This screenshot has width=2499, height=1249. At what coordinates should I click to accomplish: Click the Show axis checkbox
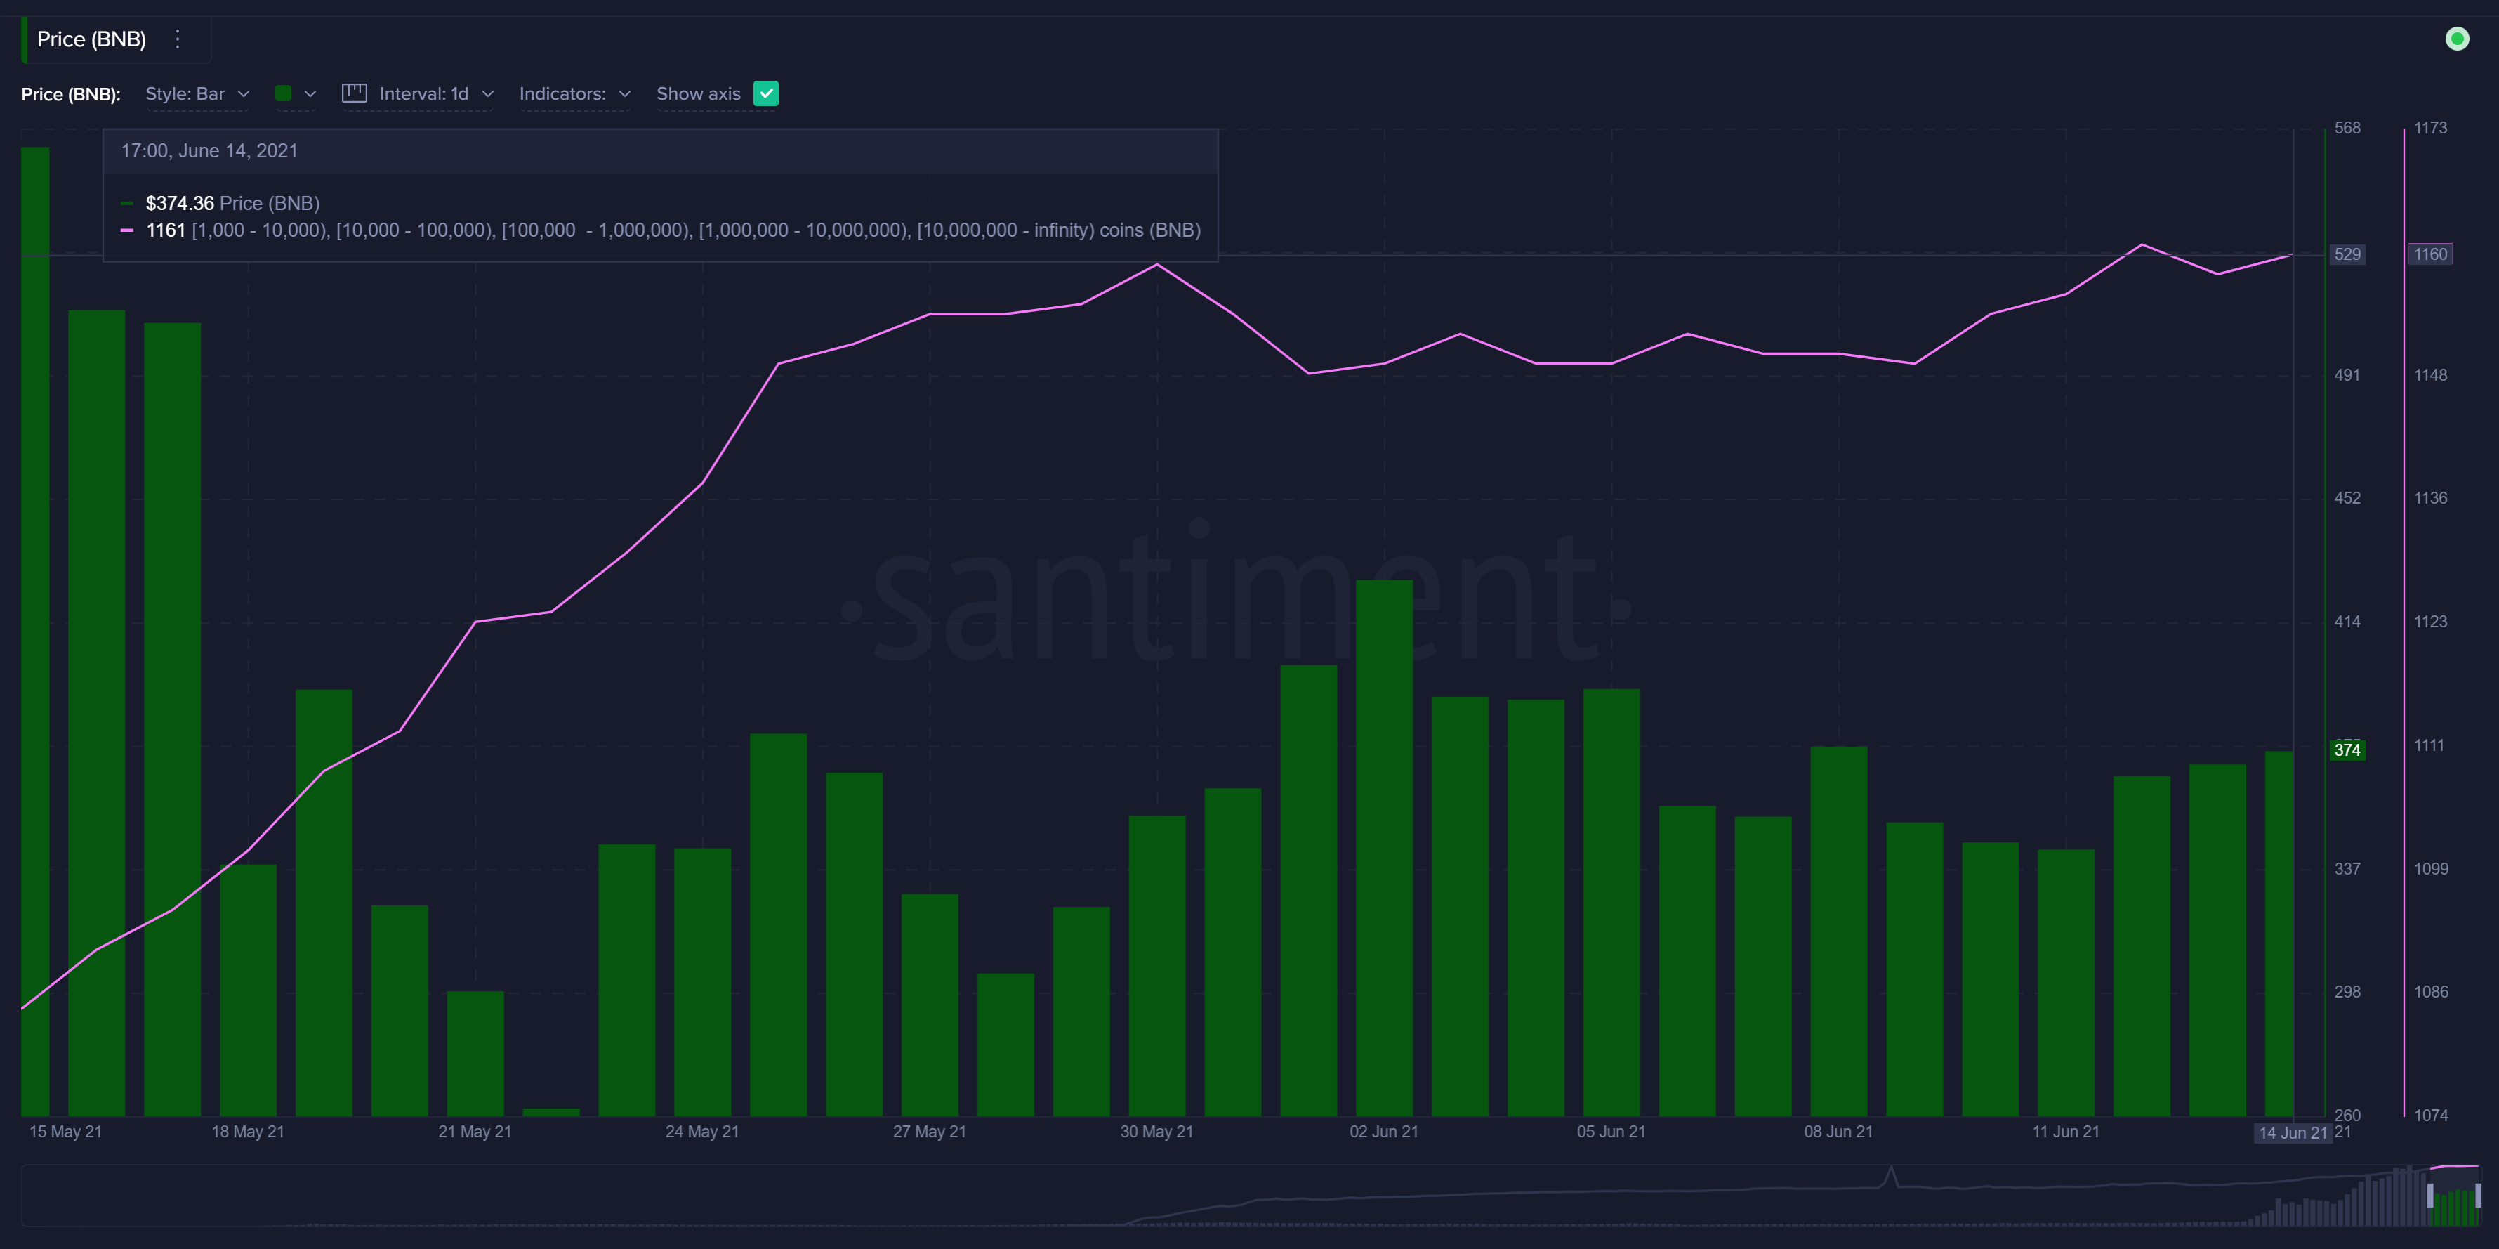(765, 93)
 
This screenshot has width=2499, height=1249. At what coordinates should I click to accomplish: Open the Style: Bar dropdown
(197, 94)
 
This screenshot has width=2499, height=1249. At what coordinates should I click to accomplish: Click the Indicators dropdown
(574, 94)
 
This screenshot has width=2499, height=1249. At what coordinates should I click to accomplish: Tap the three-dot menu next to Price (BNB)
(178, 39)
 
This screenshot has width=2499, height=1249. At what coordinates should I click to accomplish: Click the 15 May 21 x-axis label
(65, 1132)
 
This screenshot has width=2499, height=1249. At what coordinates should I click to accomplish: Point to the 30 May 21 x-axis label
(1156, 1132)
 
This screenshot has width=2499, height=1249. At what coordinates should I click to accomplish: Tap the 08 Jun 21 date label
(1838, 1132)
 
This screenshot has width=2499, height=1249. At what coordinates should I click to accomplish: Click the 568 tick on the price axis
(2347, 128)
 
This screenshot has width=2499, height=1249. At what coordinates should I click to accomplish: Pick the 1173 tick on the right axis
(2430, 128)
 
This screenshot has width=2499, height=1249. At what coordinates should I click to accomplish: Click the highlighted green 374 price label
(2347, 750)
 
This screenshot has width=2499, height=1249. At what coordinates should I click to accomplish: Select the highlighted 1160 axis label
(2430, 254)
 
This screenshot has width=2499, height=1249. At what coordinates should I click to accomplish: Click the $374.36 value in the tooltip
(180, 203)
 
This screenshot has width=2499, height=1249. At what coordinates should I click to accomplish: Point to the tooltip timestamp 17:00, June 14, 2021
(209, 150)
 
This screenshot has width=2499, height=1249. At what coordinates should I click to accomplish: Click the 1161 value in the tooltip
(165, 230)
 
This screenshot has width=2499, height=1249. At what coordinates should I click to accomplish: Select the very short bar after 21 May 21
(551, 1112)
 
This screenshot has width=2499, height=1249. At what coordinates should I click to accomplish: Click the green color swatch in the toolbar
(283, 93)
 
